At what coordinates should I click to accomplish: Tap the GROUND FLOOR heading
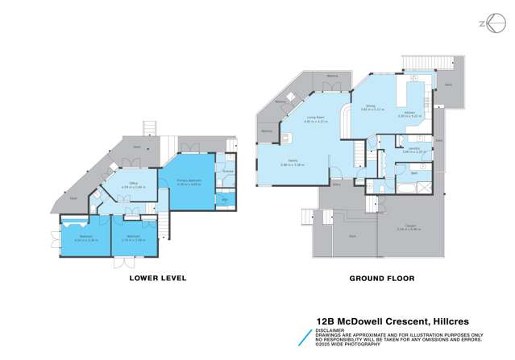point(381,278)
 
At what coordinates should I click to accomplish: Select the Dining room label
point(372,106)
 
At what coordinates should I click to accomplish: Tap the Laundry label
point(409,148)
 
